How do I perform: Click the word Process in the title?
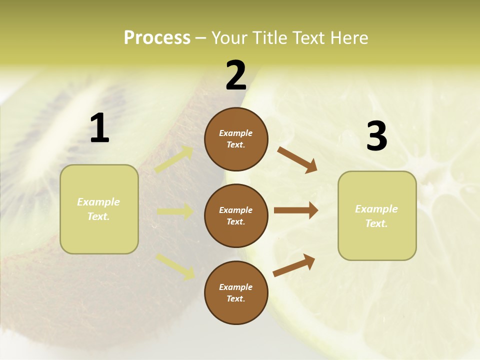click(157, 38)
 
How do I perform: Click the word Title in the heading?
click(269, 38)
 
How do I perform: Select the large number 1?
click(99, 128)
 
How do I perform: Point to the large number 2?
click(236, 75)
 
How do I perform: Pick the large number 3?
click(376, 136)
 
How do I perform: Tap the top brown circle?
click(236, 139)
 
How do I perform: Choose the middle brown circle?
click(236, 215)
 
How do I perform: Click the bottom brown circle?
click(236, 292)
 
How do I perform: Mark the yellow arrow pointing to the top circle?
click(174, 159)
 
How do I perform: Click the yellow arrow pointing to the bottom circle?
click(175, 266)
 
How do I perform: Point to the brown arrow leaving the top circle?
click(297, 160)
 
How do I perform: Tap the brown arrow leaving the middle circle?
click(296, 210)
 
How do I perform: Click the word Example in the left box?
click(98, 202)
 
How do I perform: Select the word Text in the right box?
click(376, 223)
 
